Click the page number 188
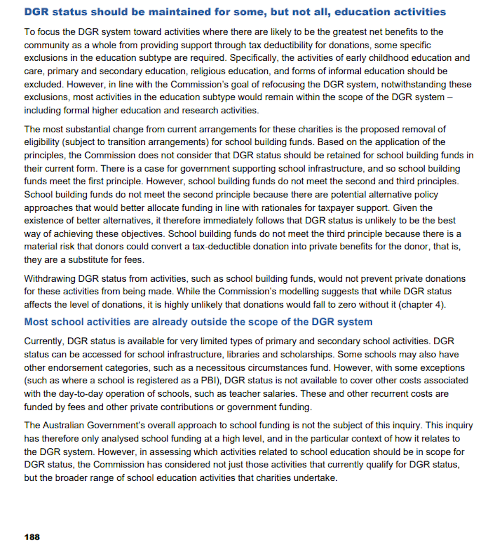(x=32, y=537)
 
